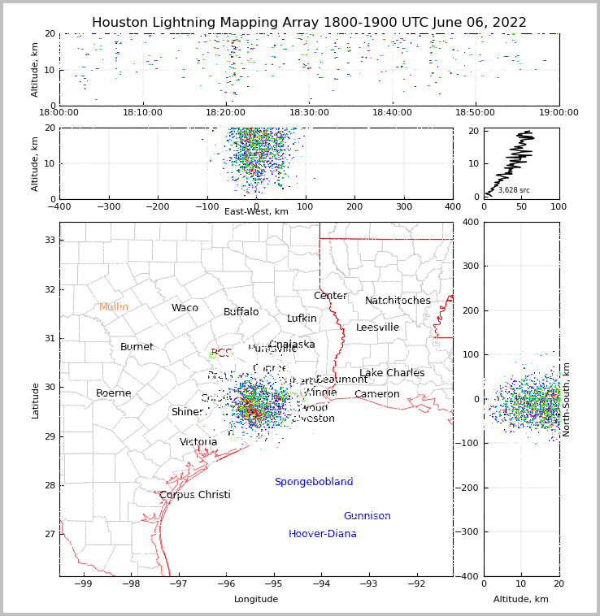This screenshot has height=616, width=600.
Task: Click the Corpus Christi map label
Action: [x=194, y=495]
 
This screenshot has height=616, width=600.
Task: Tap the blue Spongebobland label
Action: [x=313, y=482]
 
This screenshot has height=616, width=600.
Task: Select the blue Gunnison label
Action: [x=367, y=516]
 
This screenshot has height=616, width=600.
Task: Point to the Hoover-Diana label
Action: [x=322, y=534]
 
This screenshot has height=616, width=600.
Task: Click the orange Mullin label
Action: [x=114, y=307]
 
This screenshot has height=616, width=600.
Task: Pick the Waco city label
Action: [x=185, y=308]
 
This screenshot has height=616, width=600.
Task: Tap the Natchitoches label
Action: [x=398, y=301]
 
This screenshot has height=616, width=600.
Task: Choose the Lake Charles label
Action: [x=392, y=373]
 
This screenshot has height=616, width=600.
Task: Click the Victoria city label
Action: [x=198, y=442]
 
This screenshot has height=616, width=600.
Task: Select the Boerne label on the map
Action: [x=113, y=393]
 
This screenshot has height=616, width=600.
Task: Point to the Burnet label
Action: [x=137, y=347]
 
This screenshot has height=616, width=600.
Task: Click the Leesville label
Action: [x=377, y=328]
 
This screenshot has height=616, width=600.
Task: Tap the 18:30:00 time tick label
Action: [x=309, y=113]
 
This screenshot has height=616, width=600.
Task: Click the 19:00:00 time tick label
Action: [x=559, y=113]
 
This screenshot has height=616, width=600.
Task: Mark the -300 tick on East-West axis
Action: [x=109, y=206]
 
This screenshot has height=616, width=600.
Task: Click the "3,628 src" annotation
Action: [x=514, y=190]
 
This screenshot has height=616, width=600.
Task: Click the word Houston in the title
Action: [x=120, y=23]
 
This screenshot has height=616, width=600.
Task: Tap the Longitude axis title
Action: [x=256, y=600]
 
